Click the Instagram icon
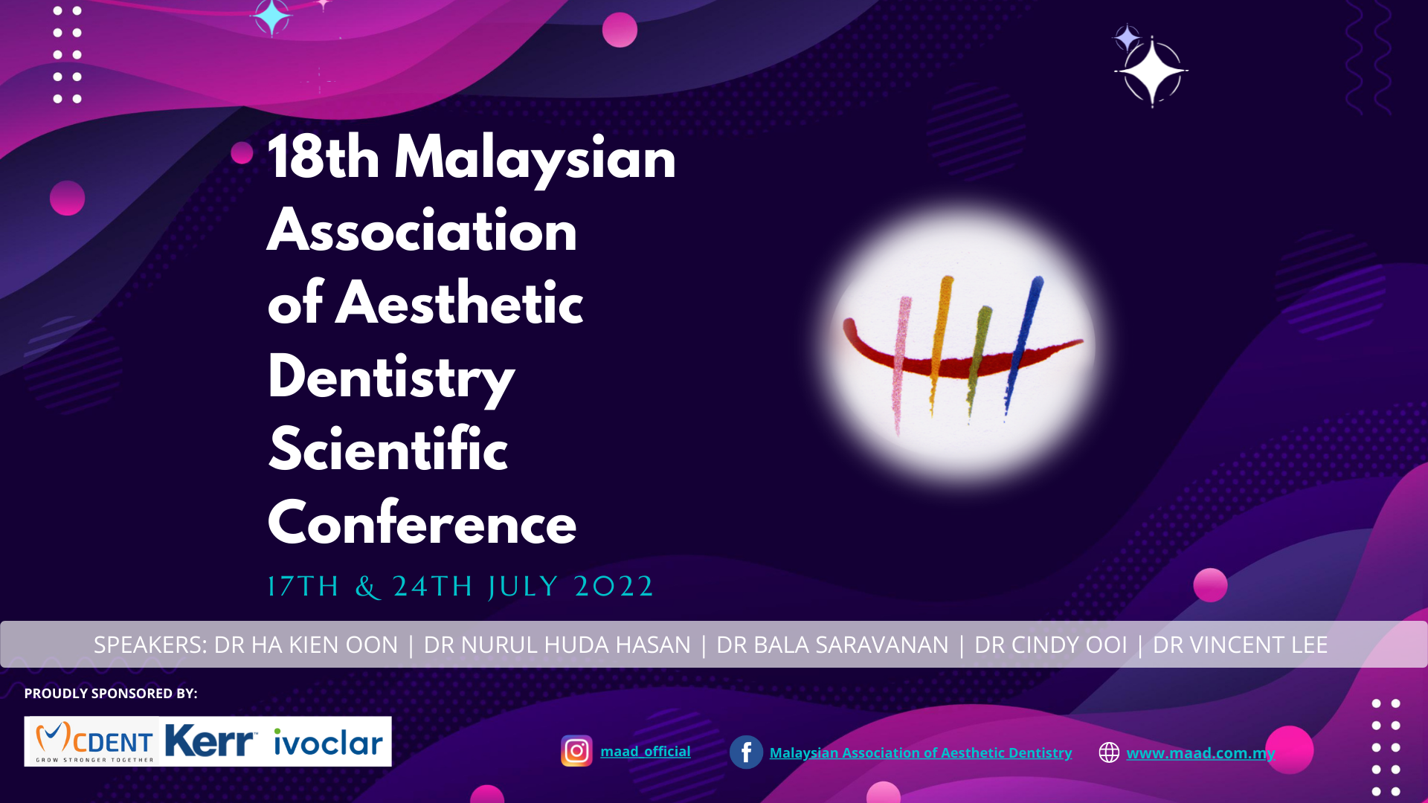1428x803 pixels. pos(576,751)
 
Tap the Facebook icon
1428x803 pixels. pos(746,752)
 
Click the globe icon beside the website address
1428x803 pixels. pos(1109,752)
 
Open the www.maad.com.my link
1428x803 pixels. pos(1200,753)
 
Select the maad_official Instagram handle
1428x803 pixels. pos(646,752)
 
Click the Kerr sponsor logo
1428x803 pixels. pos(210,741)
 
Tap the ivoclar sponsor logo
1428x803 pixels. pos(328,742)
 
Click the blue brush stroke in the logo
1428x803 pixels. pos(1023,346)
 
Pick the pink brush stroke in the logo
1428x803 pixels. pos(901,364)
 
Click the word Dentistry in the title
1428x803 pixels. pos(391,378)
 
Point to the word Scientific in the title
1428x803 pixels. pos(388,449)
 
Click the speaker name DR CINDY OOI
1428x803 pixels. pos(1051,645)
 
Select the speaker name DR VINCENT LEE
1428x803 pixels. pos(1240,645)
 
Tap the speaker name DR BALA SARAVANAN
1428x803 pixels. pos(832,645)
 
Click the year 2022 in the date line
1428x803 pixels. pos(614,587)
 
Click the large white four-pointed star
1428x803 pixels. pos(1151,71)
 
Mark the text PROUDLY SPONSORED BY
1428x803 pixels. pos(111,694)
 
